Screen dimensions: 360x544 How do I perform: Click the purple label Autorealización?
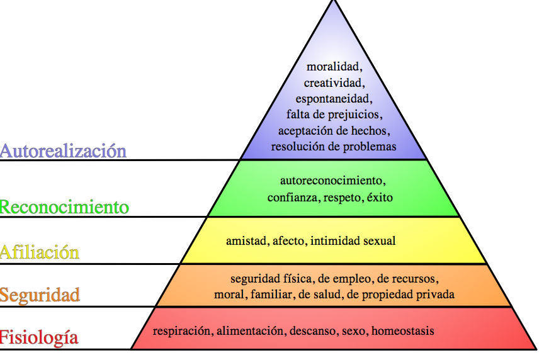coord(63,151)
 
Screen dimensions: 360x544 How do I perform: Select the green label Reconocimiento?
coord(64,207)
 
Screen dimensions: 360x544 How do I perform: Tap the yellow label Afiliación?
coord(40,252)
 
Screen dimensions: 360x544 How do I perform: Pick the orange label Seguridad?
coord(40,295)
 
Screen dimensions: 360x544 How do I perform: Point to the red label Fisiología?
coord(39,337)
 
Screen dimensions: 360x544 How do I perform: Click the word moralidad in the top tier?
coord(334,66)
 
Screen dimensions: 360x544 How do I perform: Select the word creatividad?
coord(334,82)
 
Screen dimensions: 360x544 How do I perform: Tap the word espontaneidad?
coord(334,98)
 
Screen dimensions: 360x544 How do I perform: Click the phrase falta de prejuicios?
coord(334,115)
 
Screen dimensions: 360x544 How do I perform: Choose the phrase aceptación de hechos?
coord(334,130)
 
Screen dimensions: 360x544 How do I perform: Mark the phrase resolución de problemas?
coord(334,147)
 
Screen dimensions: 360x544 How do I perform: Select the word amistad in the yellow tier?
coord(243,240)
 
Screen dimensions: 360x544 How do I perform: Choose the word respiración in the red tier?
coord(182,330)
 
